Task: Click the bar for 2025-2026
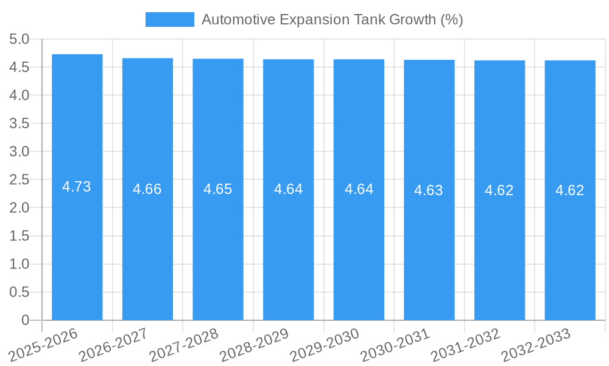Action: point(77,244)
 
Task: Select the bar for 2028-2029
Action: point(288,244)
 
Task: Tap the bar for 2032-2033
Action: point(569,244)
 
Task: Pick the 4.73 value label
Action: point(77,187)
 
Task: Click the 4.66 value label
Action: point(147,189)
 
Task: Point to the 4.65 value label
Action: point(217,189)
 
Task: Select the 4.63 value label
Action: point(429,190)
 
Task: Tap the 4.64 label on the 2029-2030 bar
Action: point(359,189)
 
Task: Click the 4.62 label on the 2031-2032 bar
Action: point(499,190)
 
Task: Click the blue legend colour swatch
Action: point(169,20)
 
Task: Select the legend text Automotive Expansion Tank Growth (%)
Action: point(332,20)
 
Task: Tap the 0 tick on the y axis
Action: point(25,320)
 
